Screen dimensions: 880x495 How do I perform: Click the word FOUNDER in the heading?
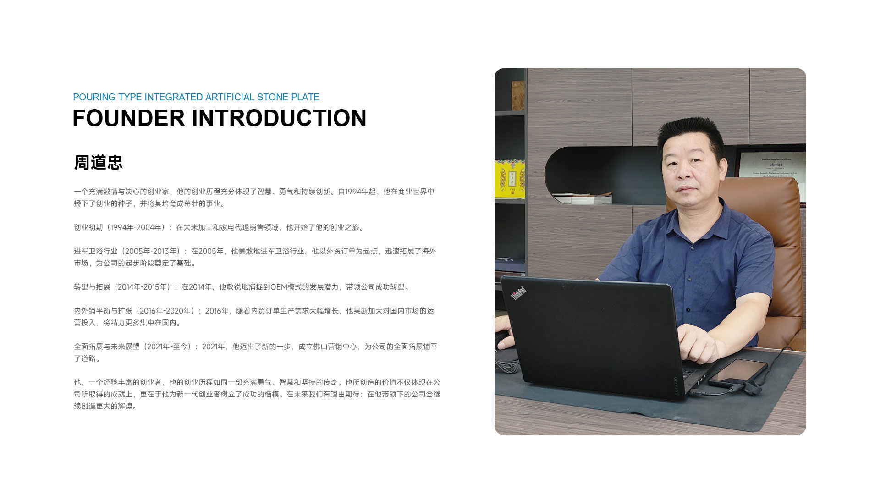(x=129, y=118)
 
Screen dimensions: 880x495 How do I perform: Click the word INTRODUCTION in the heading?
(x=279, y=118)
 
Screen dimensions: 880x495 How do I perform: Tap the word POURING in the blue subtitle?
(x=94, y=97)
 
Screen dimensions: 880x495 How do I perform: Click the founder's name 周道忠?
(x=98, y=162)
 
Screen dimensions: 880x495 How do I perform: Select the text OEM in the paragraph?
(x=278, y=287)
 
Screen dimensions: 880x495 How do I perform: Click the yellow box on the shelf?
(x=510, y=179)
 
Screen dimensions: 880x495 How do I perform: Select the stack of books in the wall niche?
(x=583, y=198)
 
